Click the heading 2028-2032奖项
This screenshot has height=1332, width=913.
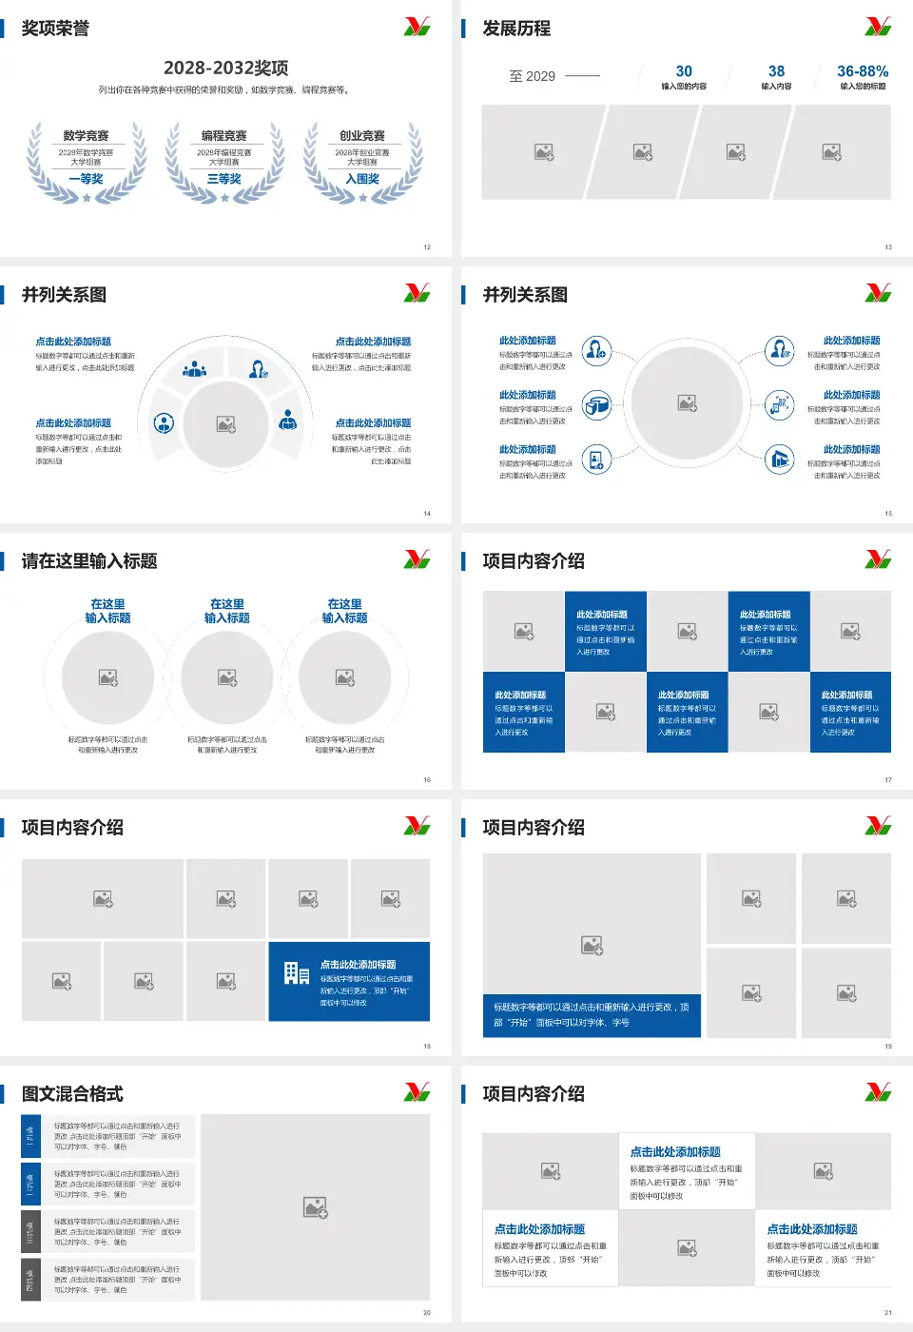coord(226,68)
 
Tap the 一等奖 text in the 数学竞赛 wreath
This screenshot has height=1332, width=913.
coord(86,179)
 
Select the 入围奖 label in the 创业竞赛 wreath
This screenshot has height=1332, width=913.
coord(362,179)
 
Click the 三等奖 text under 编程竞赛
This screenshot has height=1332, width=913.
coord(224,179)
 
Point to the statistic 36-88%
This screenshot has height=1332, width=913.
coord(863,71)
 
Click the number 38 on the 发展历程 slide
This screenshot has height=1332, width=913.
coord(776,71)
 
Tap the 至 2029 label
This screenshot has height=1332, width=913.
coord(533,76)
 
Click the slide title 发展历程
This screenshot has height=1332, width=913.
coord(516,29)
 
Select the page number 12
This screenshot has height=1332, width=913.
coord(427,247)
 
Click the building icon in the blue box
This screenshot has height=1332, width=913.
coord(296,972)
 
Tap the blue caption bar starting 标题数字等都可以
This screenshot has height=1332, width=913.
coord(592,1014)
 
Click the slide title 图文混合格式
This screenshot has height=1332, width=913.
coord(72,1094)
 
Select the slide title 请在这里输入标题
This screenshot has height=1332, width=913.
coord(89,561)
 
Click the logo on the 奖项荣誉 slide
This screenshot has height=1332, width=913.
coord(417,27)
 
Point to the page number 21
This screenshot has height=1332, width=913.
coord(888,1313)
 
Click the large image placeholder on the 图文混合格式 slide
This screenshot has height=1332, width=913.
coord(316,1207)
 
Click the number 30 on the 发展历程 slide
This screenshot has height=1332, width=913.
coord(684,71)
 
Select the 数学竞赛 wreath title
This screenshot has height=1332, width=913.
coord(86,136)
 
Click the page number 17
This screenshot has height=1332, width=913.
coord(888,780)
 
